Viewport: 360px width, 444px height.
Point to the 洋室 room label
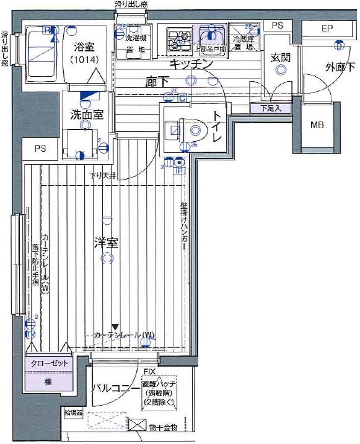(x=105, y=242)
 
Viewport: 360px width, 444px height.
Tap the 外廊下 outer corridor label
(x=333, y=67)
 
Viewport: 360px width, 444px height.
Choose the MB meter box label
(x=317, y=125)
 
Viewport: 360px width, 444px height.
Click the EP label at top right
(x=327, y=28)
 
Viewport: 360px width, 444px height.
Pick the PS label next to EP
(x=277, y=25)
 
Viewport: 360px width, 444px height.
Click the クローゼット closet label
(x=48, y=364)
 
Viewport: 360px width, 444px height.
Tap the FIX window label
(x=149, y=372)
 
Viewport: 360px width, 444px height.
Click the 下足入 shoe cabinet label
(x=267, y=108)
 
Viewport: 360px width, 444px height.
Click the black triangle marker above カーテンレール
(x=115, y=326)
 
